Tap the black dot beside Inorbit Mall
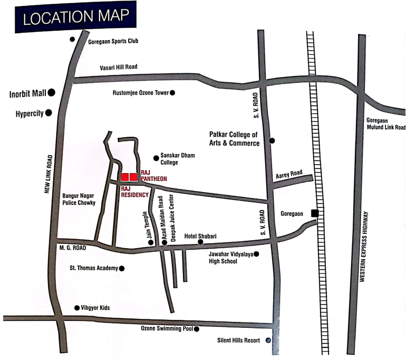pos(52,93)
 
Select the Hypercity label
pos(29,113)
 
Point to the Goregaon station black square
pos(315,213)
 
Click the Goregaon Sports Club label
pos(113,41)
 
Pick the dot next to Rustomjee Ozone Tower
pos(172,93)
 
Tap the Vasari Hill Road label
pos(119,67)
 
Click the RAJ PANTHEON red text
pos(153,176)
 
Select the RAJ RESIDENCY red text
pos(135,191)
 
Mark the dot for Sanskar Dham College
pos(156,157)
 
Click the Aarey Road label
pos(289,173)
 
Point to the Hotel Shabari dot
pos(200,242)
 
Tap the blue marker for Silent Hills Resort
pos(268,340)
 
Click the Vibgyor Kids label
pos(95,307)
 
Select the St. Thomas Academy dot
pos(122,268)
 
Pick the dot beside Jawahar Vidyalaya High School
pos(257,254)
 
